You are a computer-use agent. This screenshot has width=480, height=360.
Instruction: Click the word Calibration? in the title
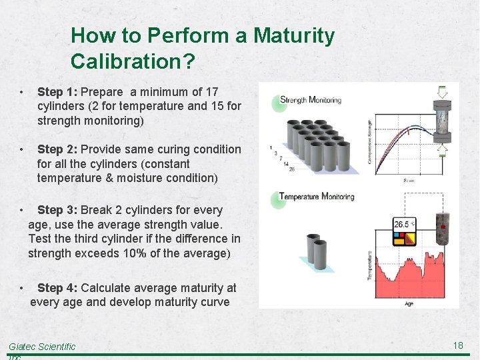tap(133, 62)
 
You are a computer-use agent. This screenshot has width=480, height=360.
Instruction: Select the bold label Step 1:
tap(57, 91)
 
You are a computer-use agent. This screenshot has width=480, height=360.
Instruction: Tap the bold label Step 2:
tap(57, 149)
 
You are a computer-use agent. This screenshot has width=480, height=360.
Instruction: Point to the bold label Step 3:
tap(57, 210)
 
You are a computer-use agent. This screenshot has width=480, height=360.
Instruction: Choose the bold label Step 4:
tap(57, 288)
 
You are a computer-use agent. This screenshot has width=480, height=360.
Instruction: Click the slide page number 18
tap(457, 345)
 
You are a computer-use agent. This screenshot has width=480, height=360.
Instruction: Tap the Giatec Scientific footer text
tap(42, 347)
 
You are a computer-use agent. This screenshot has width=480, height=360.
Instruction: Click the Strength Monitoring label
tap(311, 100)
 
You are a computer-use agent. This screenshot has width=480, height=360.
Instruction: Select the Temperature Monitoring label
tap(317, 196)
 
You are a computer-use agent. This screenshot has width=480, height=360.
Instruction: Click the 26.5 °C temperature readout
tap(403, 225)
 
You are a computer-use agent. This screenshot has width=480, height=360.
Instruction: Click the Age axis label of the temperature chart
tap(409, 304)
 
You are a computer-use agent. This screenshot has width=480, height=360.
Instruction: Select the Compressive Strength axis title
tap(370, 142)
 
